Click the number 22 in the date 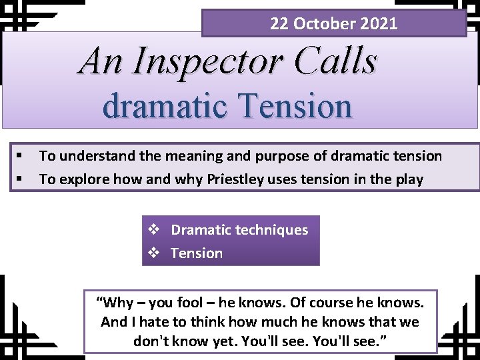[279, 24]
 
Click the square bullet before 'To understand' [21, 156]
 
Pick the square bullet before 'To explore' [21, 179]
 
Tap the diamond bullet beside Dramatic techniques [153, 230]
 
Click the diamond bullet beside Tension [153, 253]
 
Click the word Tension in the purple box [197, 253]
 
